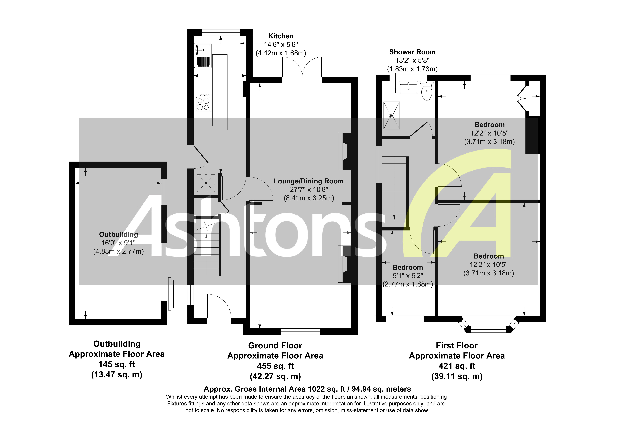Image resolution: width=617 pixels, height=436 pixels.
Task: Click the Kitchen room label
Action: click(x=281, y=36)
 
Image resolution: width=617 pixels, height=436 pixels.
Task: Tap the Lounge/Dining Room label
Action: click(x=308, y=181)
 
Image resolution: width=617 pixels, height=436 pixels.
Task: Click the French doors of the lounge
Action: click(x=302, y=67)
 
